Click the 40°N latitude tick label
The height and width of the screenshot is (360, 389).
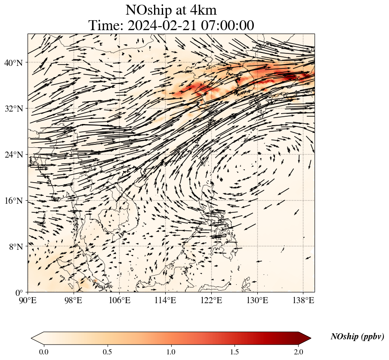(13, 63)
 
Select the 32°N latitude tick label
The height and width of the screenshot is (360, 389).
(13, 109)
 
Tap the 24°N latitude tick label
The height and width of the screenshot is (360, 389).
(13, 155)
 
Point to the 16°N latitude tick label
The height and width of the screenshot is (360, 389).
(13, 201)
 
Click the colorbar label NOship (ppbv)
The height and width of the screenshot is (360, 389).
(357, 337)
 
